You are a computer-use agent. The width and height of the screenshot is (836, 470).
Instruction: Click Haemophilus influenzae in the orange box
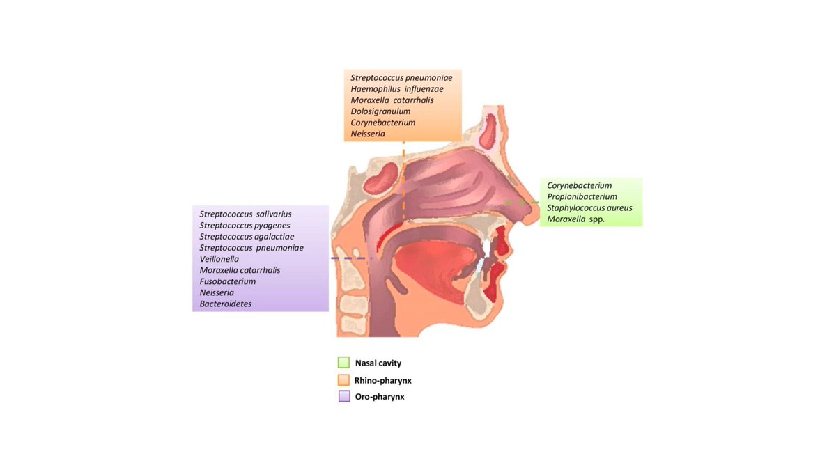click(x=396, y=89)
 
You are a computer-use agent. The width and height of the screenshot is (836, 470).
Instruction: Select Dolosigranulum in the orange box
click(x=380, y=111)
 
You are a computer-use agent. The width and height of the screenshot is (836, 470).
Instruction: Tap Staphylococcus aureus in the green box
click(x=589, y=208)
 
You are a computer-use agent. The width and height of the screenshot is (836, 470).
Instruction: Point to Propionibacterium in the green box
click(x=582, y=197)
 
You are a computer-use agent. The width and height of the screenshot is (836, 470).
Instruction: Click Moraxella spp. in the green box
click(x=575, y=219)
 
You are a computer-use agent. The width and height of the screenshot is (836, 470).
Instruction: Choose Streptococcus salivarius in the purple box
click(x=245, y=214)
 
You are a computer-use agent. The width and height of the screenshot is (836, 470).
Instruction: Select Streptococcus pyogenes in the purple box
click(x=245, y=225)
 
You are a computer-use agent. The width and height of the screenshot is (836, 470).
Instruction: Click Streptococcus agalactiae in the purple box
click(x=247, y=236)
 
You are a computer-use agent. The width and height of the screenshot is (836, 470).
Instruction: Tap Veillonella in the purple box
click(x=219, y=259)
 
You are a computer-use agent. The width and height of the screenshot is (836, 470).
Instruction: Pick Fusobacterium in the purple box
click(x=227, y=281)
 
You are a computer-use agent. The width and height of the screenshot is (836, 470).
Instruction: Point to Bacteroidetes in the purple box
click(x=226, y=304)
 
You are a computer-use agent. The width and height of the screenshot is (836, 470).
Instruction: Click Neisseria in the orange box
click(x=368, y=134)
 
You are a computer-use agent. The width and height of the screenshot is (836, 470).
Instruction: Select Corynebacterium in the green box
click(x=579, y=185)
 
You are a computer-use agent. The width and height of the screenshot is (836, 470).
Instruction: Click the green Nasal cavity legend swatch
click(x=343, y=363)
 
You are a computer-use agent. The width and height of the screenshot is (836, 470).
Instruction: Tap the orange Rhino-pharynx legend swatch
click(x=343, y=380)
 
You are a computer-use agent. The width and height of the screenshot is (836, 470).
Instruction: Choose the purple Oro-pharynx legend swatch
click(x=343, y=397)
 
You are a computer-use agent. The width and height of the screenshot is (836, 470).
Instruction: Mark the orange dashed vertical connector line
click(x=403, y=181)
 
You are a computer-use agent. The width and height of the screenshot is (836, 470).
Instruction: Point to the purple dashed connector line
click(x=352, y=259)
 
